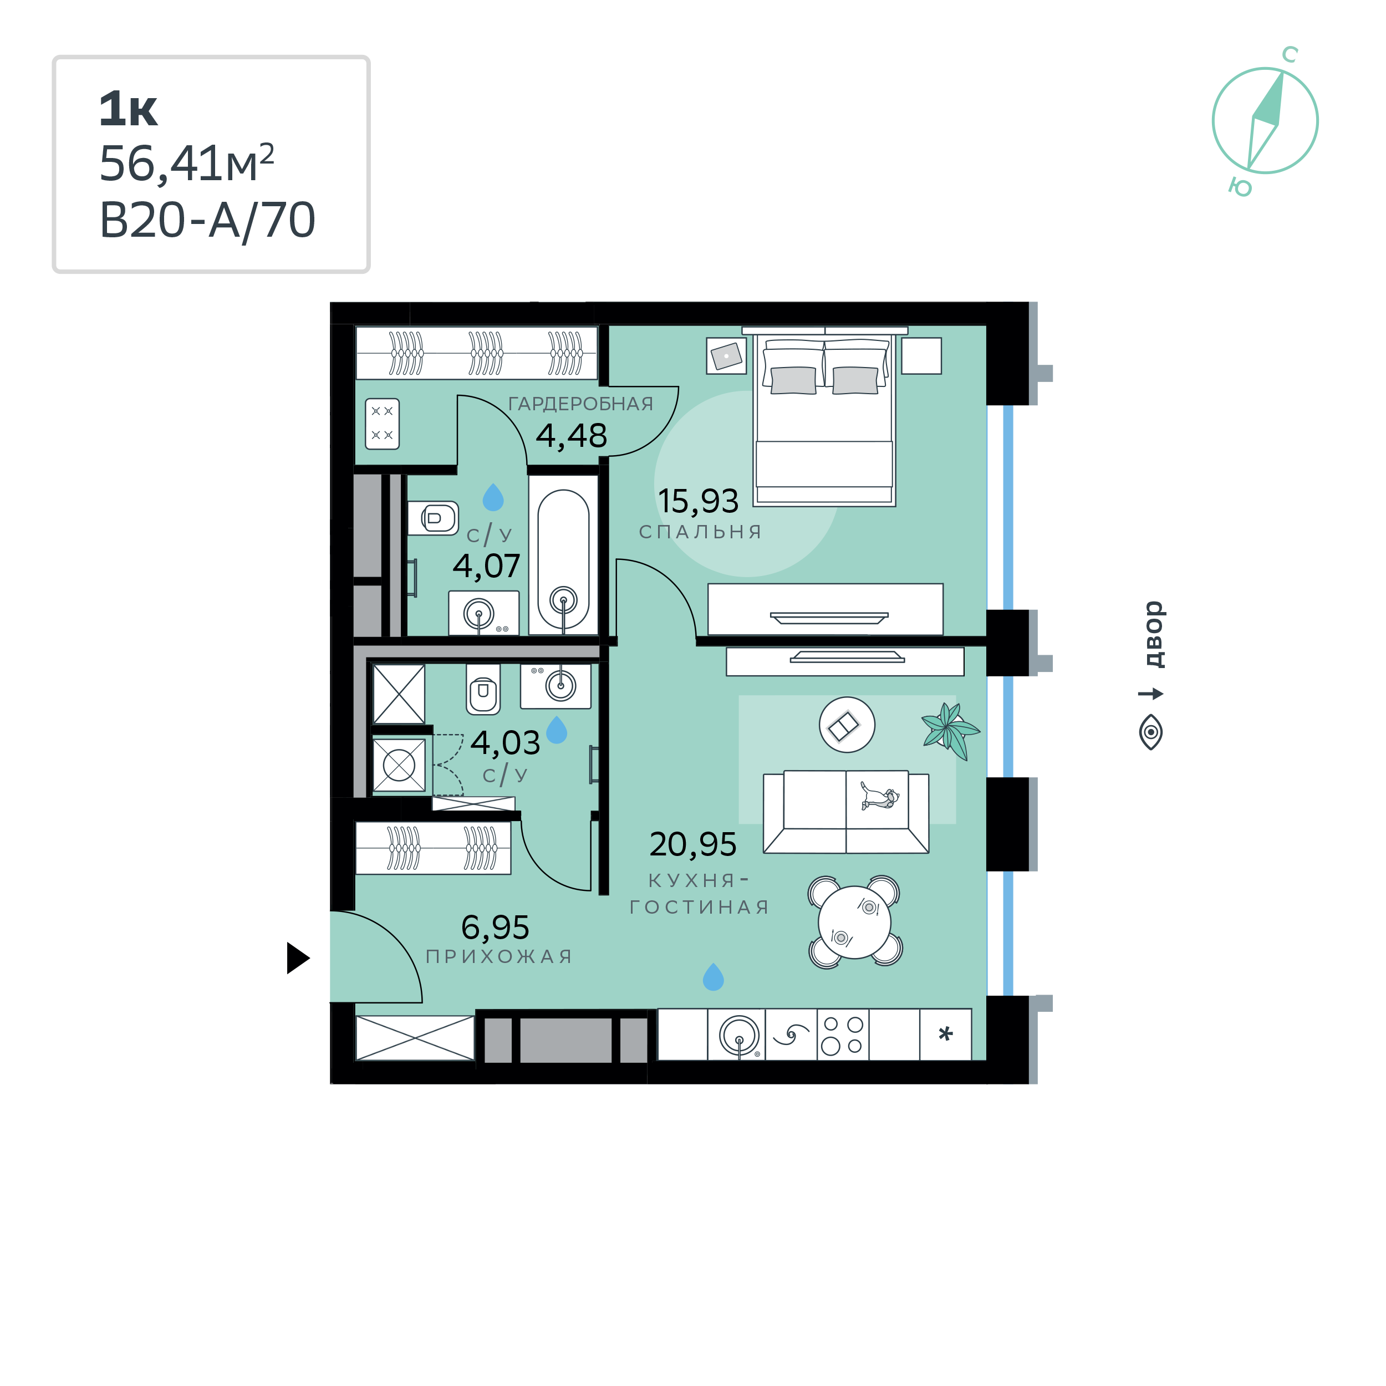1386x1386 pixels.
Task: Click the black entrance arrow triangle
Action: (x=297, y=957)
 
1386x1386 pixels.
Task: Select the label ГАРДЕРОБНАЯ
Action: (x=580, y=404)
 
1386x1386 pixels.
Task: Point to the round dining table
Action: (x=854, y=923)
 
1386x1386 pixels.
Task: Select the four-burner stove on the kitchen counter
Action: (x=843, y=1035)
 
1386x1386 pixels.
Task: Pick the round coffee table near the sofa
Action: (x=847, y=725)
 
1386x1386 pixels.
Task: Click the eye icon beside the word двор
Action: (x=1151, y=732)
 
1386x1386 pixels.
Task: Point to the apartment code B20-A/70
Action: (x=207, y=220)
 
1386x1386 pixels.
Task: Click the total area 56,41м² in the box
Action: (x=186, y=164)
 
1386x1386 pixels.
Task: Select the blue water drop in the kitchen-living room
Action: (x=713, y=976)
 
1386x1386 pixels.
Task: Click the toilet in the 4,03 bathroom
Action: (x=483, y=689)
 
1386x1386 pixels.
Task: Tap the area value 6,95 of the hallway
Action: (x=495, y=928)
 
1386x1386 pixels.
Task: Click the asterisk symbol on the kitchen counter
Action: (x=945, y=1035)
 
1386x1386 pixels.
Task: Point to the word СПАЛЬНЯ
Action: (x=700, y=532)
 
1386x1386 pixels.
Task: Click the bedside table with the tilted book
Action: (x=726, y=356)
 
